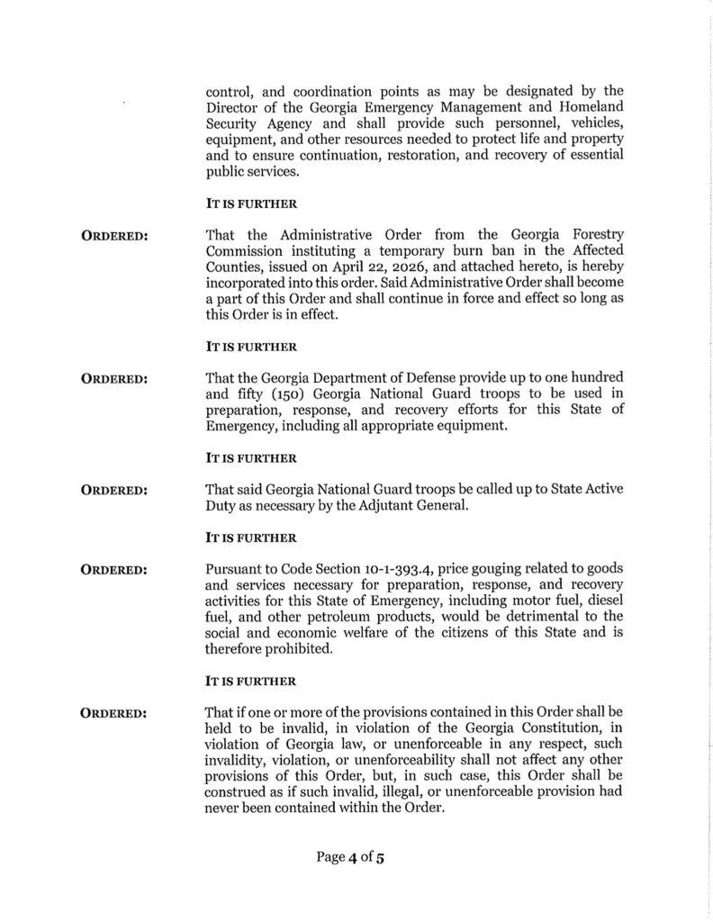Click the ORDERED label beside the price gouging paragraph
click(x=115, y=571)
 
